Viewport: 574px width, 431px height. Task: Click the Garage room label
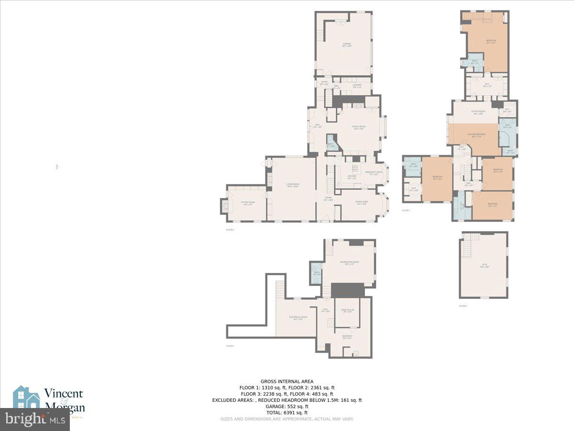pyautogui.click(x=347, y=45)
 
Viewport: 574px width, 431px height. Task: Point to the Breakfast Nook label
pyautogui.click(x=374, y=173)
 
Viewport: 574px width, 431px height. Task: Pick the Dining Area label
pyautogui.click(x=361, y=203)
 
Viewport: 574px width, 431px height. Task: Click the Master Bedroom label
pyautogui.click(x=474, y=135)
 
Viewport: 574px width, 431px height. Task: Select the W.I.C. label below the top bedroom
pyautogui.click(x=486, y=85)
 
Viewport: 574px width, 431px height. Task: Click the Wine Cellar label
pyautogui.click(x=347, y=311)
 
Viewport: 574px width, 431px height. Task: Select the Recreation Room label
pyautogui.click(x=349, y=263)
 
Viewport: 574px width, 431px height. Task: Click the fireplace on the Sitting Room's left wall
pyautogui.click(x=223, y=205)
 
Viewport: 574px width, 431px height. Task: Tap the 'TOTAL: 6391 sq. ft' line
pyautogui.click(x=287, y=412)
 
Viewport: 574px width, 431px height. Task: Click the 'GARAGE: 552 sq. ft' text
pyautogui.click(x=287, y=406)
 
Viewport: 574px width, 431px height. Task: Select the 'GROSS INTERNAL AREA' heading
pyautogui.click(x=287, y=382)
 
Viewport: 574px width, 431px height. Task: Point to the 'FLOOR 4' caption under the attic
pyautogui.click(x=463, y=306)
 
